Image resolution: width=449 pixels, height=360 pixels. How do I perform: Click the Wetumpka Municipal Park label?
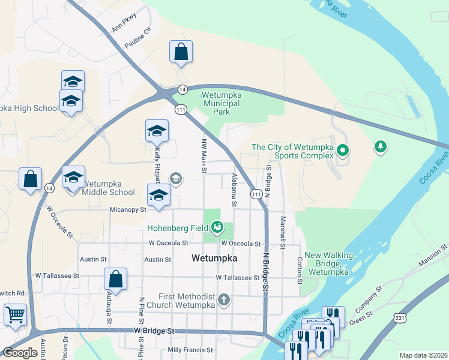(x=220, y=103)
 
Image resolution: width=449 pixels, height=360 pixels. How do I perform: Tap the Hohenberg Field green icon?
(x=217, y=227)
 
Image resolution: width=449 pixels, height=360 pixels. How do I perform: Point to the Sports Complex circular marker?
(x=343, y=149)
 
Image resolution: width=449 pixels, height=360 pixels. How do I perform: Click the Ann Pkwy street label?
(x=124, y=23)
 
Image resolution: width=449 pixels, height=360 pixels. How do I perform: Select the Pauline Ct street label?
(x=137, y=38)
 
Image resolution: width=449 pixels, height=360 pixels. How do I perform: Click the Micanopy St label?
(x=128, y=210)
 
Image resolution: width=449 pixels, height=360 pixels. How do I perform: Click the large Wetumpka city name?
(x=214, y=259)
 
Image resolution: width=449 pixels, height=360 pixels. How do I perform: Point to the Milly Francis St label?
(x=190, y=350)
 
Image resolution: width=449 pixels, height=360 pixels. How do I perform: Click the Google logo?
(x=20, y=353)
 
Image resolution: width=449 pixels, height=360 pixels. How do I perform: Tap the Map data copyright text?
(x=423, y=355)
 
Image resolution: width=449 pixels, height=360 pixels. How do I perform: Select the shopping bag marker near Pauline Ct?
(x=181, y=52)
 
